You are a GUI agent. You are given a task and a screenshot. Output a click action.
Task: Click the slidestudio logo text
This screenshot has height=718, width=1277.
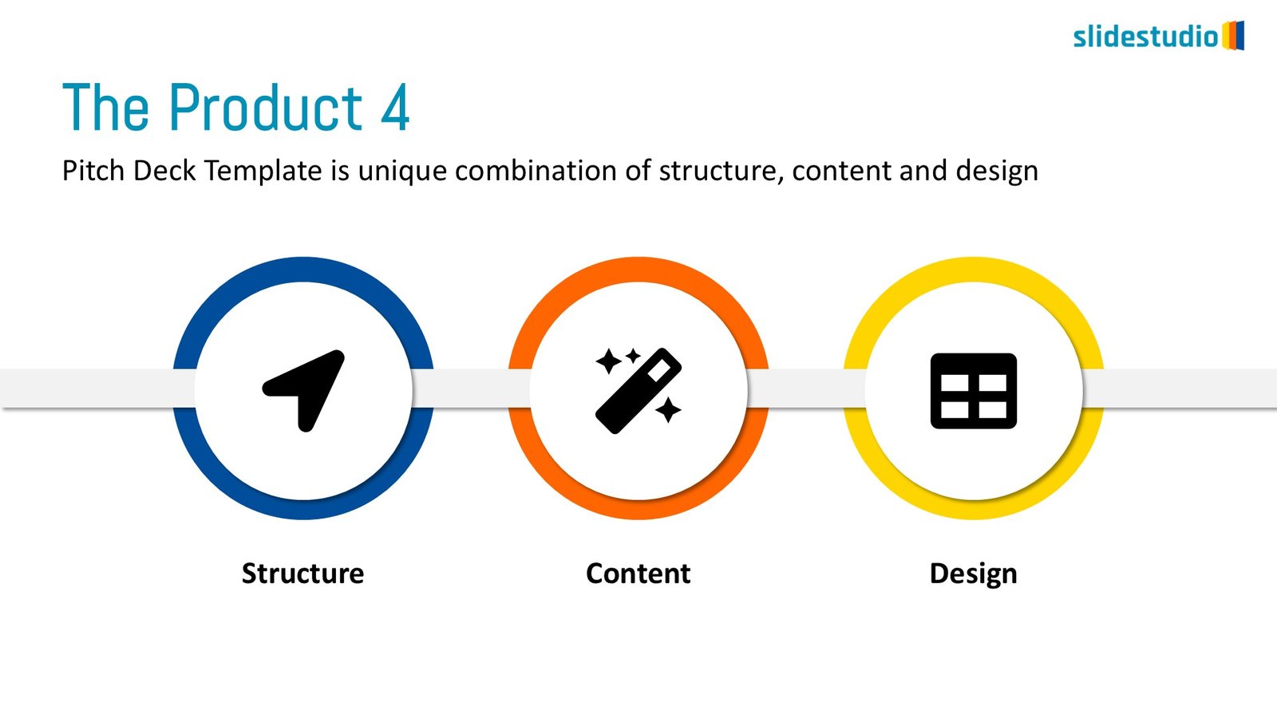1146,37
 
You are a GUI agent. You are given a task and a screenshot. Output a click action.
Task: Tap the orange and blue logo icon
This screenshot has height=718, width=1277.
1233,35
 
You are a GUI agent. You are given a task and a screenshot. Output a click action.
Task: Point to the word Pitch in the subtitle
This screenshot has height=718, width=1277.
93,171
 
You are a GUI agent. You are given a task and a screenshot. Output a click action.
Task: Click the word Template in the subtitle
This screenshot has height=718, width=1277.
263,171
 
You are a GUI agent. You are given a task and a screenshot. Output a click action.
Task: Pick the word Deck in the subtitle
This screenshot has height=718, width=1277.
164,171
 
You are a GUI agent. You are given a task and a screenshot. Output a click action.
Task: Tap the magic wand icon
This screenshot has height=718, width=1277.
638,391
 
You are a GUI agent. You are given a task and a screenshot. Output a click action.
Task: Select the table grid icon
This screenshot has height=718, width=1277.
974,391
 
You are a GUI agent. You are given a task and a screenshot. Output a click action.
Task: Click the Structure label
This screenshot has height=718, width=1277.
302,574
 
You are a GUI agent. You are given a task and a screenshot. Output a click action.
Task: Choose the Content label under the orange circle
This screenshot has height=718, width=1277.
638,574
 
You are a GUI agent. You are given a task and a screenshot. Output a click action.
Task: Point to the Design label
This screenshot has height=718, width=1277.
973,574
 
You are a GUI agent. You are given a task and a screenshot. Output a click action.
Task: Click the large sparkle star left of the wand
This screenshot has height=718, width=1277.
608,361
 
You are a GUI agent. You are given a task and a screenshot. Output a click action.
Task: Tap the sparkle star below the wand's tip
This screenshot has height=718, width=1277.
668,410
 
